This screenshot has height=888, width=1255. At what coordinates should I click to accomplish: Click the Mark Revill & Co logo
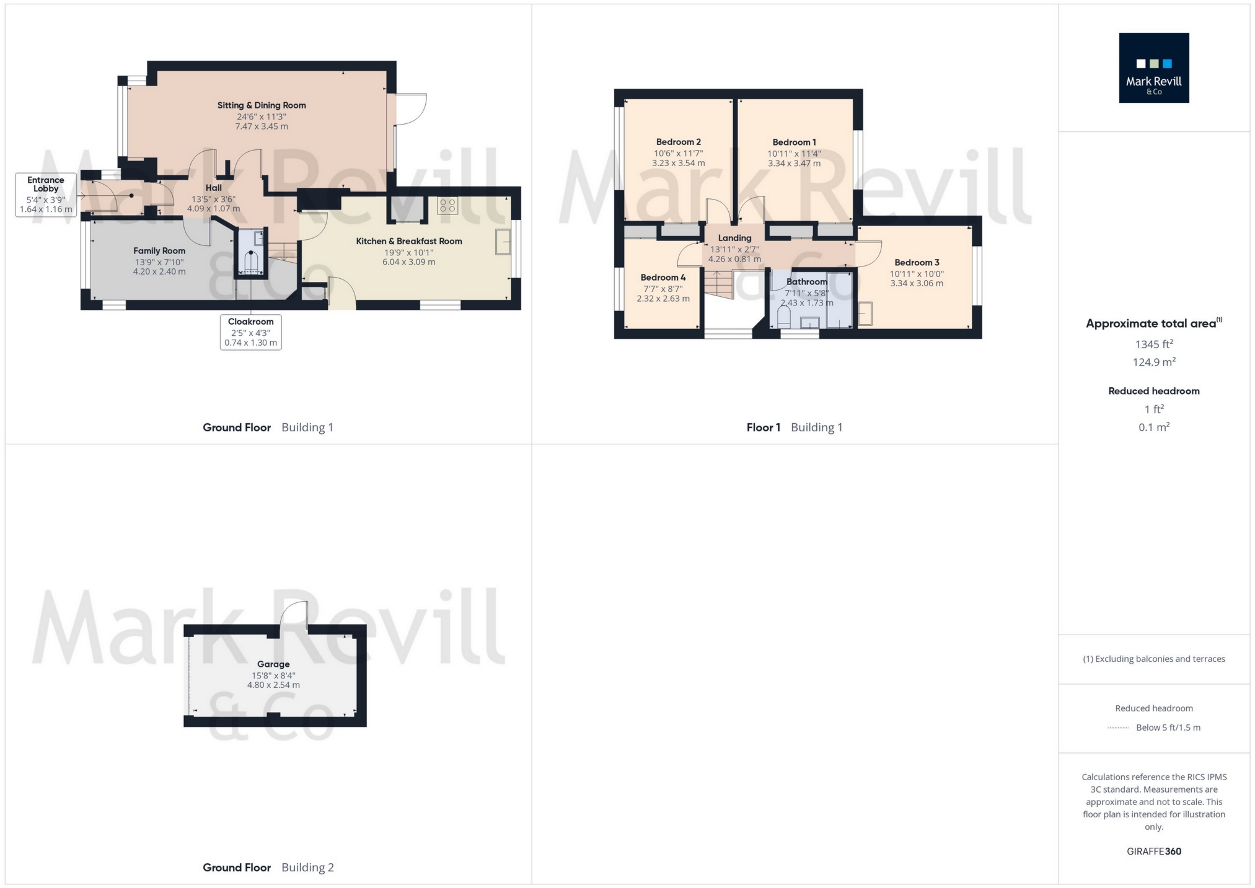pyautogui.click(x=1153, y=68)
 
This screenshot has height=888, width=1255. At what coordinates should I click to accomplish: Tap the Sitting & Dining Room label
pyautogui.click(x=262, y=105)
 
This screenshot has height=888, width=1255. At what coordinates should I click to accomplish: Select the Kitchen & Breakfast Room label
pyautogui.click(x=408, y=241)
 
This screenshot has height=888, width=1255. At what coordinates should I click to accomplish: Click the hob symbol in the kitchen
pyautogui.click(x=447, y=206)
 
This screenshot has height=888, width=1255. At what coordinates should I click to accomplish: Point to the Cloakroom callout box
pyautogui.click(x=250, y=332)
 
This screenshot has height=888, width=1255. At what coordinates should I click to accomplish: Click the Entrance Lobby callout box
pyautogui.click(x=46, y=195)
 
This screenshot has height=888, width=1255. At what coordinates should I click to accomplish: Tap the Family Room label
pyautogui.click(x=159, y=251)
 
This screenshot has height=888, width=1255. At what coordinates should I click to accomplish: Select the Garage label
pyautogui.click(x=273, y=664)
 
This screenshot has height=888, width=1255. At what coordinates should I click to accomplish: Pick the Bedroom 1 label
pyautogui.click(x=794, y=143)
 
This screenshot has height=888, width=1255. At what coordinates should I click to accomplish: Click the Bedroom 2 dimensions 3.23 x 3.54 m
pyautogui.click(x=678, y=163)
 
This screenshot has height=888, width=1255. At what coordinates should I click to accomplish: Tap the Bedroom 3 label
pyautogui.click(x=917, y=263)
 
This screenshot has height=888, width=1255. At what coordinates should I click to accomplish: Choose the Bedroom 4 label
pyautogui.click(x=663, y=278)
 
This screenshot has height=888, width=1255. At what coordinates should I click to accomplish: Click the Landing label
pyautogui.click(x=734, y=238)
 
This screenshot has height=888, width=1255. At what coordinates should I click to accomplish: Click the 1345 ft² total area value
pyautogui.click(x=1153, y=344)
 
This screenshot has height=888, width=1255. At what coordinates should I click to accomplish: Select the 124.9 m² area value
pyautogui.click(x=1153, y=362)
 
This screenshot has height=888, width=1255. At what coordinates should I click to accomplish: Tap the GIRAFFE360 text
pyautogui.click(x=1153, y=851)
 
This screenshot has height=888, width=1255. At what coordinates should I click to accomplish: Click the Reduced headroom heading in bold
pyautogui.click(x=1153, y=391)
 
